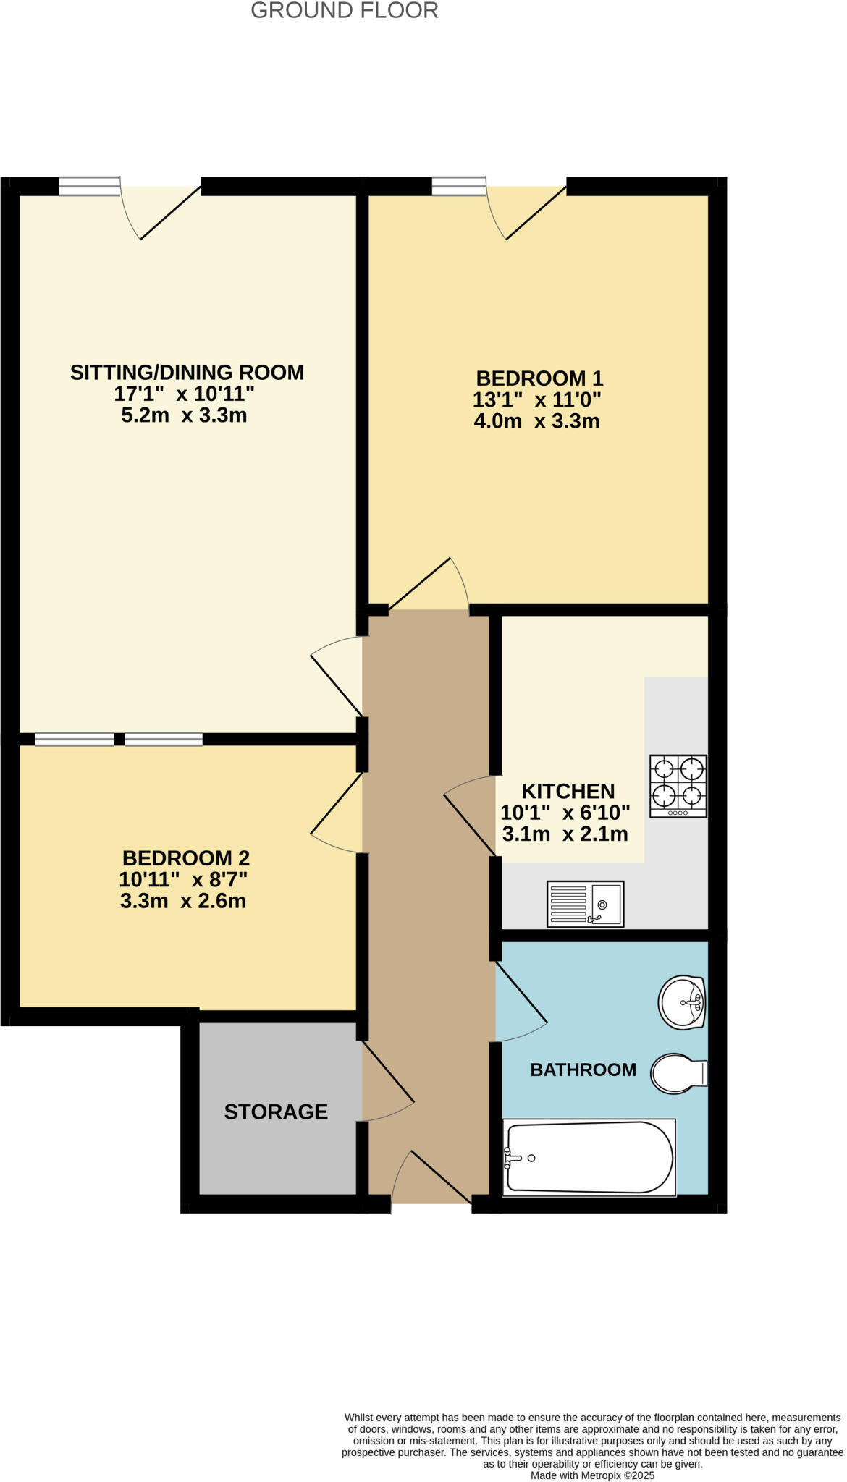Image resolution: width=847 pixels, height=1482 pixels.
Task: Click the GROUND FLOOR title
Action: pyautogui.click(x=344, y=11)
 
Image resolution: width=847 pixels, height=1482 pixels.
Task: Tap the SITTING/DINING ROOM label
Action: pyautogui.click(x=187, y=372)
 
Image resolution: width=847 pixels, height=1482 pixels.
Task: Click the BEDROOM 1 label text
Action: pyautogui.click(x=539, y=378)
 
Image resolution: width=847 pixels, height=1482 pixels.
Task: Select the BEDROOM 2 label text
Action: pyautogui.click(x=185, y=858)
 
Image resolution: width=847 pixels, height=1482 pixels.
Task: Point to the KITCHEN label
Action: pyautogui.click(x=568, y=791)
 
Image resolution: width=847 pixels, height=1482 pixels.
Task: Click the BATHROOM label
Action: pyautogui.click(x=583, y=1070)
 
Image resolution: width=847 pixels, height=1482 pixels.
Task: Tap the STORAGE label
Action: pyautogui.click(x=276, y=1111)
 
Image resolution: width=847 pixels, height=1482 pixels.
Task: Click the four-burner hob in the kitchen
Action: pyautogui.click(x=678, y=787)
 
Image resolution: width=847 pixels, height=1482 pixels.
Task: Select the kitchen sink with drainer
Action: pyautogui.click(x=585, y=904)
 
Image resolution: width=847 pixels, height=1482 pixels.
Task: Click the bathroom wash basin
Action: pyautogui.click(x=682, y=1002)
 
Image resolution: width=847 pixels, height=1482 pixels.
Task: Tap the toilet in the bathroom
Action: pyautogui.click(x=678, y=1074)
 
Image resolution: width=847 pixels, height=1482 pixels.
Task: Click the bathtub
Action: pyautogui.click(x=589, y=1157)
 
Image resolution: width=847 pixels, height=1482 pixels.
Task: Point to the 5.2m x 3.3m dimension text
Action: pyautogui.click(x=184, y=415)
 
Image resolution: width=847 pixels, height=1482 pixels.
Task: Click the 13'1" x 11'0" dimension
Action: pyautogui.click(x=536, y=399)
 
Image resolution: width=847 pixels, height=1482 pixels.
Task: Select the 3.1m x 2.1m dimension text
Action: pyautogui.click(x=565, y=834)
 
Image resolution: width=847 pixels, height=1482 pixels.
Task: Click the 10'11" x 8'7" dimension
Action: pyautogui.click(x=183, y=880)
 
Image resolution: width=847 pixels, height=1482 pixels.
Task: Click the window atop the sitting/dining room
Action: pyautogui.click(x=89, y=187)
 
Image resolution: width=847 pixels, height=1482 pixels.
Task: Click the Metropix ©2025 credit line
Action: pyautogui.click(x=592, y=1475)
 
